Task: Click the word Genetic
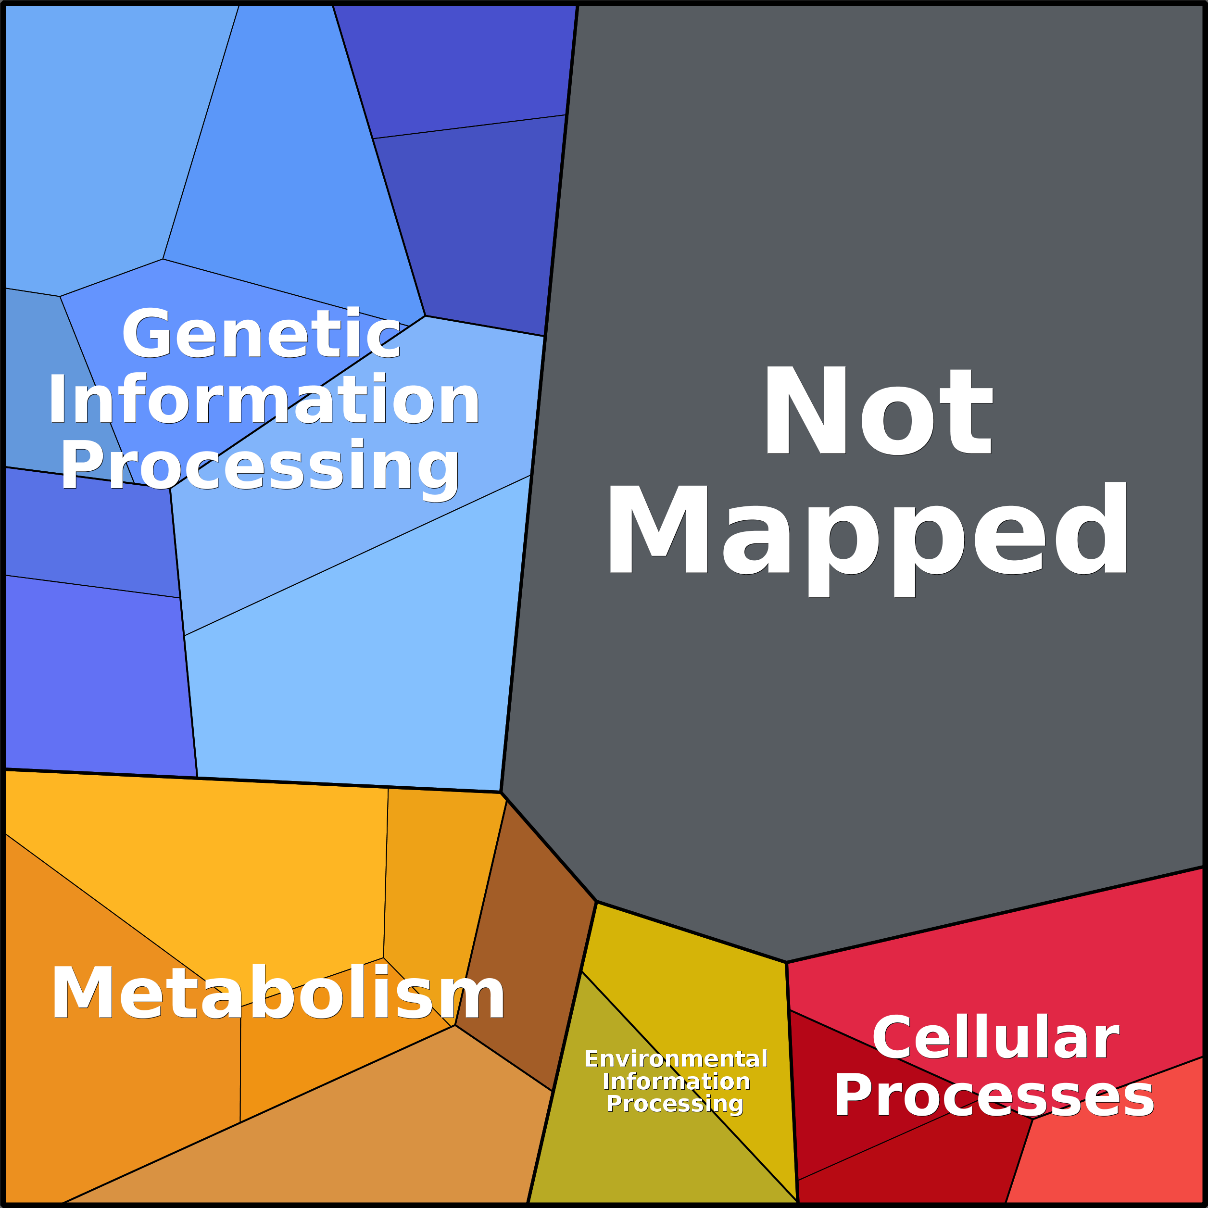pyautogui.click(x=261, y=335)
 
